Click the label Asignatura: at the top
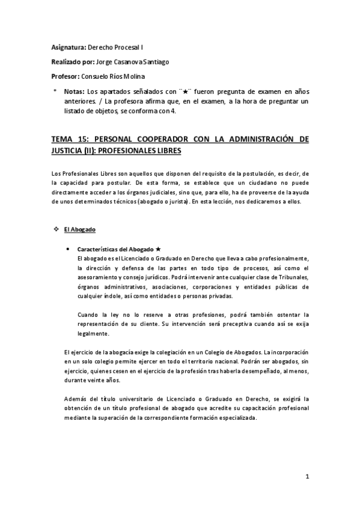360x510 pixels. point(69,46)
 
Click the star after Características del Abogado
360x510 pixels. point(157,248)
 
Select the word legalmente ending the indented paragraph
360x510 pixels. point(93,333)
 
